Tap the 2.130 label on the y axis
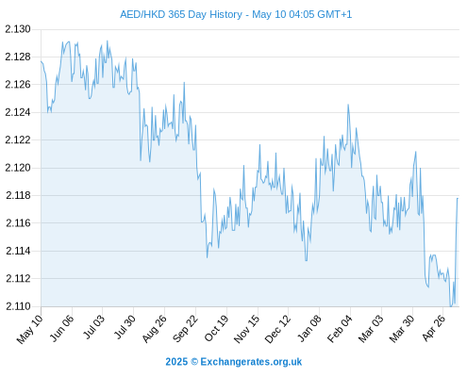(18, 29)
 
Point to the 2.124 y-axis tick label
(18, 112)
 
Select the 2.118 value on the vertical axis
(18, 195)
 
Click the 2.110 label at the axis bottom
(18, 306)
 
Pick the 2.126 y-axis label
(18, 85)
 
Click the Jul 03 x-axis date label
(92, 327)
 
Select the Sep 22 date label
(186, 328)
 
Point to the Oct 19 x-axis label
(216, 328)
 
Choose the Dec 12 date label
(277, 328)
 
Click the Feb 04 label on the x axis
(340, 328)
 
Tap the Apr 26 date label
(434, 327)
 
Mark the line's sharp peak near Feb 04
(348, 105)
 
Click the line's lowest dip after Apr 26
(451, 306)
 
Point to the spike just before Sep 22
(184, 83)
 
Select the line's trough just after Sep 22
(207, 257)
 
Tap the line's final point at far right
(458, 198)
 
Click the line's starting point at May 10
(41, 61)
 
